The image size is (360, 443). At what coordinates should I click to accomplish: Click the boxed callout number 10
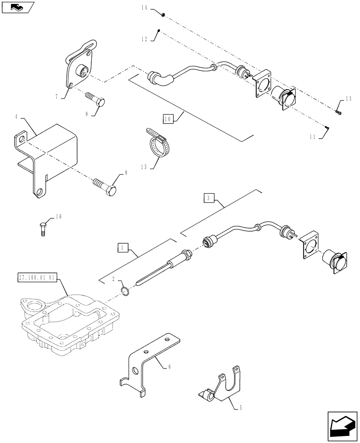167,119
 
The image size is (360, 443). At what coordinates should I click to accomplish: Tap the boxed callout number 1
122,247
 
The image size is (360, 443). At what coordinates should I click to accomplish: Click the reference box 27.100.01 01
37,278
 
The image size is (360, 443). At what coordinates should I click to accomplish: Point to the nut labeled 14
163,15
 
